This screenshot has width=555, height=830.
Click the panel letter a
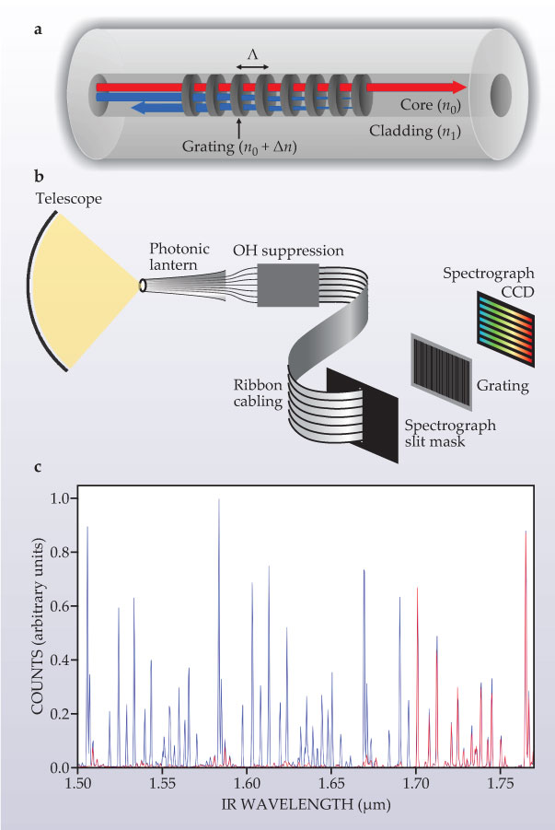tap(38, 30)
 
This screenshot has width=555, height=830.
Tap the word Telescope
tap(67, 200)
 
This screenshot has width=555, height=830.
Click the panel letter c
tap(37, 468)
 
